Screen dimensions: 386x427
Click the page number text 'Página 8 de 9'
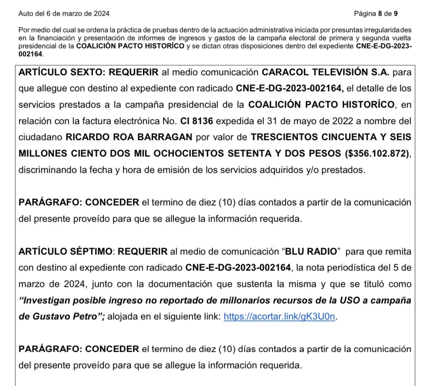click(x=376, y=14)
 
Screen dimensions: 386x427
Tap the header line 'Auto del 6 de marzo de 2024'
click(x=64, y=14)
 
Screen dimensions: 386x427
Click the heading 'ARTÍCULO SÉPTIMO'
click(x=65, y=252)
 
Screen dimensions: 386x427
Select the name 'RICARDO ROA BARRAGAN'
click(x=128, y=137)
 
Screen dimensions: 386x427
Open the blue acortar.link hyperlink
click(x=279, y=316)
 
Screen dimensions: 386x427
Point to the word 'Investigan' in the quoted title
click(x=45, y=300)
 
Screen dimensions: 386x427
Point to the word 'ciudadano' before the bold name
click(x=41, y=137)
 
